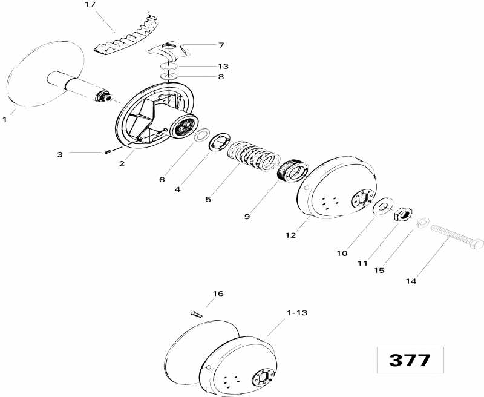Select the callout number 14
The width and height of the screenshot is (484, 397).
[394, 281]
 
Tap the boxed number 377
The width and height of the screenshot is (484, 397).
[410, 360]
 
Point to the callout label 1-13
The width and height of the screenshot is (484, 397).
[296, 312]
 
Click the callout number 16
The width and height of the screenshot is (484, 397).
[217, 294]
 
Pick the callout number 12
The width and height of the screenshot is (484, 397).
[290, 235]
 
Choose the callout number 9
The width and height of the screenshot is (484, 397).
[247, 215]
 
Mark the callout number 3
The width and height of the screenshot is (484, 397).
[77, 154]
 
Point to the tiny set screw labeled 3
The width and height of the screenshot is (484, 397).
[110, 151]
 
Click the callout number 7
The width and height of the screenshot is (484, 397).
[221, 45]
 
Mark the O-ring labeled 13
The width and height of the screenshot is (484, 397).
[170, 66]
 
